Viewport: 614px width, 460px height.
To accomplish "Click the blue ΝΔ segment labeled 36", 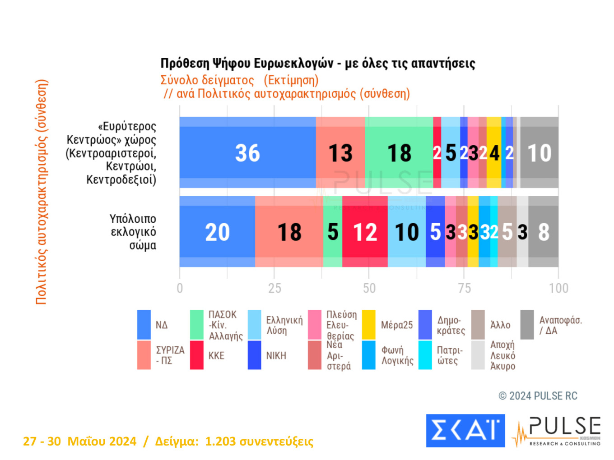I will pos(247,153).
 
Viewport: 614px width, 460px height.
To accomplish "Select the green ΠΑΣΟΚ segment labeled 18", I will pos(399,153).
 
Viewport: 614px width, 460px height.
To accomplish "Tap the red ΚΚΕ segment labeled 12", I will pos(365,232).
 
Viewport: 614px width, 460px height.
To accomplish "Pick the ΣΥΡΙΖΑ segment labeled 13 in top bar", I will pos(340,153).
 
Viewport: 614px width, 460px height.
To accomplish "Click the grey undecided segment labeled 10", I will pos(540,153).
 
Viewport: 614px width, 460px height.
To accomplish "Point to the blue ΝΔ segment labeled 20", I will pos(217,232).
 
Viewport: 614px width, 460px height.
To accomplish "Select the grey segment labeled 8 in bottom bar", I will pos(544,232).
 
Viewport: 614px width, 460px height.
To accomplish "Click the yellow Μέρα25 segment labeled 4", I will pos(494,153).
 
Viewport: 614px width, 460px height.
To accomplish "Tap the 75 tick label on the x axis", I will pos(464,288).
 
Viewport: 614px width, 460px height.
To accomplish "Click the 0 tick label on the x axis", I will pos(180,288).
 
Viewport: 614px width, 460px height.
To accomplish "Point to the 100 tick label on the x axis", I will pos(558,288).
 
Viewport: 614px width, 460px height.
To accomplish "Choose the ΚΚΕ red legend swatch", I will pos(196,355).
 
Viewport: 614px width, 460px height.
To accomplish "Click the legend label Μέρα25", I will pos(396,325).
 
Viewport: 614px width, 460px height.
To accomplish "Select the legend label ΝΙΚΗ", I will pos(276,356).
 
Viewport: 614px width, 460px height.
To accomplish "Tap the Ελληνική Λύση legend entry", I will pos(284,325).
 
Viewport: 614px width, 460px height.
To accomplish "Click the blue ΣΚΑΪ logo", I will pos(465,431).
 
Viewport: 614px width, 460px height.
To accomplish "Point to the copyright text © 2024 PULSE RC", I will pos(538,396).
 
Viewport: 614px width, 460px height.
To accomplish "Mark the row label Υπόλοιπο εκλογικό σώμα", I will pos(133,232).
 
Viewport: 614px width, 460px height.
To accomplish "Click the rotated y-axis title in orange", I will pos(42,192).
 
